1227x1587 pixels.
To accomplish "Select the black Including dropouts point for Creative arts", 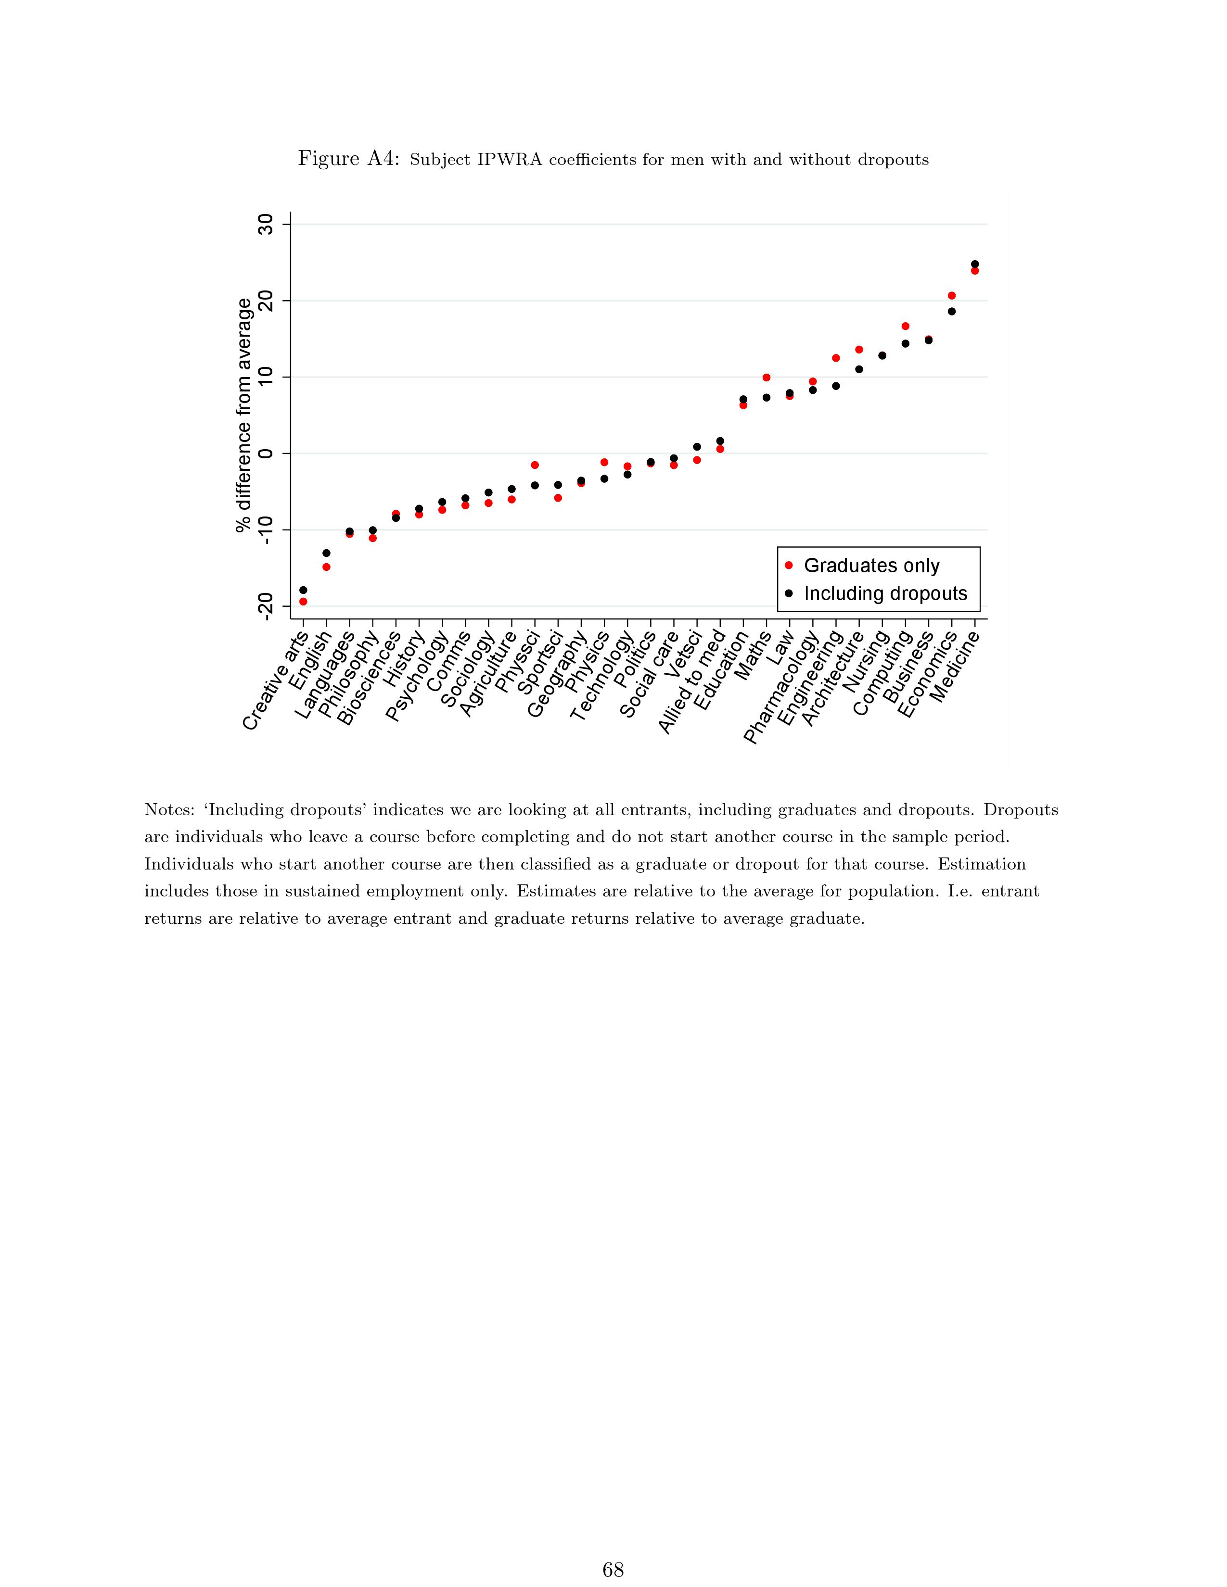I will click(x=303, y=590).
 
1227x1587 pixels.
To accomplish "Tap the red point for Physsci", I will click(x=535, y=465).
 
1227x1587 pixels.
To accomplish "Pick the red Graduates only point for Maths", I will click(x=766, y=377).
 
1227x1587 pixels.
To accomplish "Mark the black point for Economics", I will click(x=951, y=312).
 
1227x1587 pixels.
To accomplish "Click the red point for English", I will click(x=326, y=567).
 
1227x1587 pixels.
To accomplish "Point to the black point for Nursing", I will click(x=882, y=355).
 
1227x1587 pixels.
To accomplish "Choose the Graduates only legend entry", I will click(x=871, y=566).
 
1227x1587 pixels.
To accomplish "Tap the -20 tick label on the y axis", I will click(x=266, y=606).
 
